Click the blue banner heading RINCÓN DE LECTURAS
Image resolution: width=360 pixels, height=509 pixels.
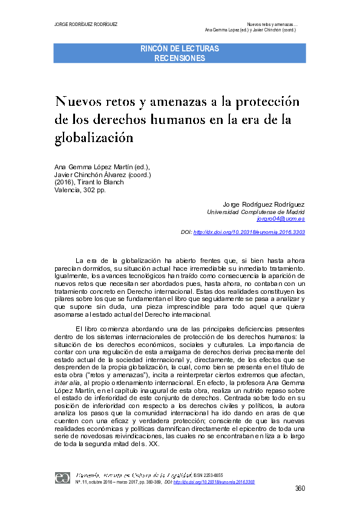point(180,48)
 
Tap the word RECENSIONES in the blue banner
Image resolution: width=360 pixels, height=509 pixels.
point(180,59)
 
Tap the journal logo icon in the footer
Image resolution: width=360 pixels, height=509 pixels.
point(63,478)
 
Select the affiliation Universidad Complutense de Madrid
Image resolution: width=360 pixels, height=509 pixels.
point(256,212)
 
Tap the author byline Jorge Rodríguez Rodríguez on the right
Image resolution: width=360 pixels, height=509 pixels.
point(264,205)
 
